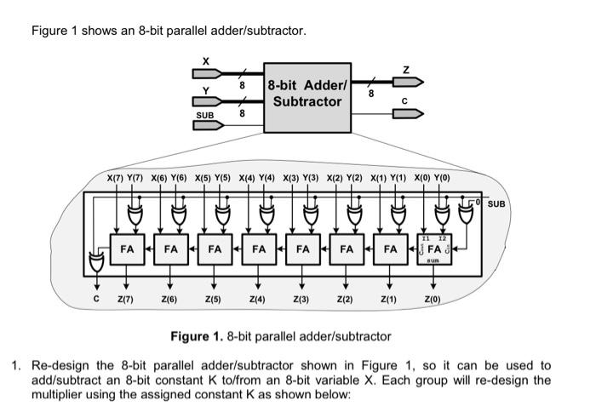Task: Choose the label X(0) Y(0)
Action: click(433, 178)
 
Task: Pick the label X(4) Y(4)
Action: click(257, 178)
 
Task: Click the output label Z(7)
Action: click(125, 300)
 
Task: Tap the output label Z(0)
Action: click(433, 300)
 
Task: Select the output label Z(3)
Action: click(301, 300)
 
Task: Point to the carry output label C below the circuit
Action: click(96, 300)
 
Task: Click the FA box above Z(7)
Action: click(127, 249)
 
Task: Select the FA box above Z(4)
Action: click(259, 249)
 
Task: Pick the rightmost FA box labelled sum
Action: click(434, 249)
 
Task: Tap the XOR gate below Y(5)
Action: click(225, 213)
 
